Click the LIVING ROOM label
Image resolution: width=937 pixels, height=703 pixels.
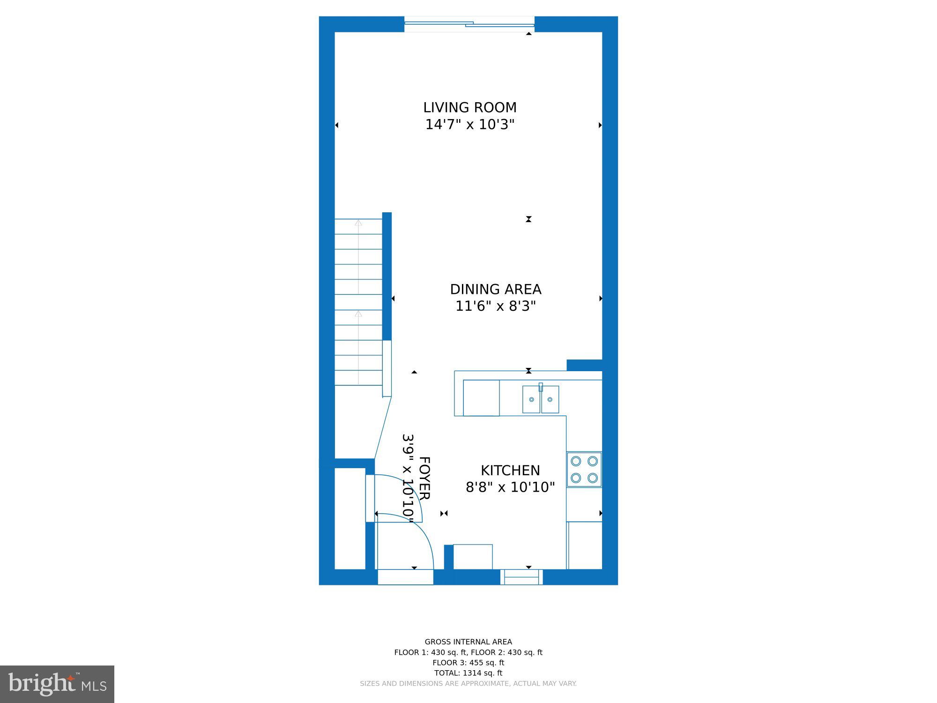click(x=470, y=108)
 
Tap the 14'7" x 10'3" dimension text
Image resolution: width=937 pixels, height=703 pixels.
click(x=470, y=125)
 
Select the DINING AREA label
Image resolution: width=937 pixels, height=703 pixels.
click(x=496, y=289)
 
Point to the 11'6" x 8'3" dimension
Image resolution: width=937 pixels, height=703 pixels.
click(x=496, y=307)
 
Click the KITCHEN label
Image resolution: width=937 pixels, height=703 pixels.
click(x=510, y=471)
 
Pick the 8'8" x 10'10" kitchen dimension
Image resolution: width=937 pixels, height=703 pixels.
click(x=510, y=487)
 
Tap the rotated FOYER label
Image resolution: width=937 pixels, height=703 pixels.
click(x=424, y=478)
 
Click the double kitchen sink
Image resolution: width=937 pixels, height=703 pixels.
click(x=541, y=400)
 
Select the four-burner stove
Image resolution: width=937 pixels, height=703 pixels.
click(x=584, y=470)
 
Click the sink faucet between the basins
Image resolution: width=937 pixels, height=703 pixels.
click(x=541, y=387)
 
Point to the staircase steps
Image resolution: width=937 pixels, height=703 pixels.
click(x=358, y=302)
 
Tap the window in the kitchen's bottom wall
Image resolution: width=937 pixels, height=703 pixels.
click(x=521, y=577)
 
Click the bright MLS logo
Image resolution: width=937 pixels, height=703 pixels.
click(x=57, y=684)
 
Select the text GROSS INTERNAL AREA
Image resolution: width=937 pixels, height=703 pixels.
click(x=468, y=642)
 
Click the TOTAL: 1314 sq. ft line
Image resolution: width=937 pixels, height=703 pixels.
click(x=468, y=673)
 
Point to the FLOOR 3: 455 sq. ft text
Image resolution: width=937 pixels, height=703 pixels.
click(x=468, y=663)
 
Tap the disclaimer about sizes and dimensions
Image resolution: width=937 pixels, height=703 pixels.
click(x=468, y=684)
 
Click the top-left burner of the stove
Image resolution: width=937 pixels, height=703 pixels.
click(x=576, y=461)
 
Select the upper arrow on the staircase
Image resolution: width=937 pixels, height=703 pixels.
click(x=358, y=223)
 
